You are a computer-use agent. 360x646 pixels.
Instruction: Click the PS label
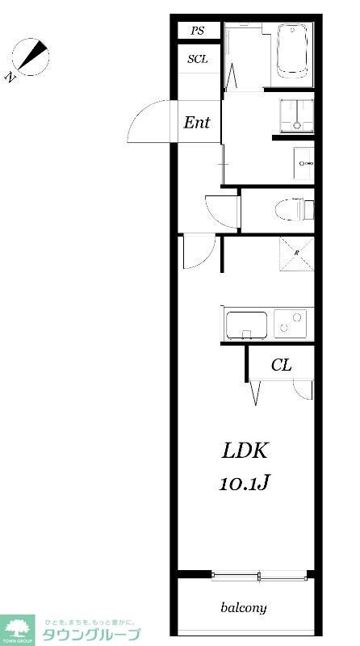click(x=198, y=31)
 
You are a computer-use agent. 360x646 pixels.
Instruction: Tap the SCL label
click(x=198, y=59)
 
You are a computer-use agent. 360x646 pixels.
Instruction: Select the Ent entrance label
click(x=197, y=123)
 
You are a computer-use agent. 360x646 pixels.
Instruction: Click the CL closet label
click(x=280, y=365)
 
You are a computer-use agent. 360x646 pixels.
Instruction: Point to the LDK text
click(x=245, y=451)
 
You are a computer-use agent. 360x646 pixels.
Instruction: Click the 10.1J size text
click(x=244, y=483)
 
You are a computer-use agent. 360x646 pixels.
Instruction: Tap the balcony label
click(x=244, y=607)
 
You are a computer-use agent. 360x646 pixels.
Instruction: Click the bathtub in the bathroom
click(x=293, y=52)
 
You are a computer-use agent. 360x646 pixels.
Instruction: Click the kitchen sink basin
click(x=246, y=325)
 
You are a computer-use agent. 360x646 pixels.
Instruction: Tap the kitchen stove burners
click(x=291, y=325)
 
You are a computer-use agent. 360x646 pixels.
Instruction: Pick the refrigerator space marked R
click(x=296, y=252)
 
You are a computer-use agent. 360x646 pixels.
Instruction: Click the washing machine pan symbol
click(x=295, y=115)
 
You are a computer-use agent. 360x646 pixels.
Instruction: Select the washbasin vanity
click(x=303, y=164)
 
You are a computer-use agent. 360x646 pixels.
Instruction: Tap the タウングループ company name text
click(x=90, y=634)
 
